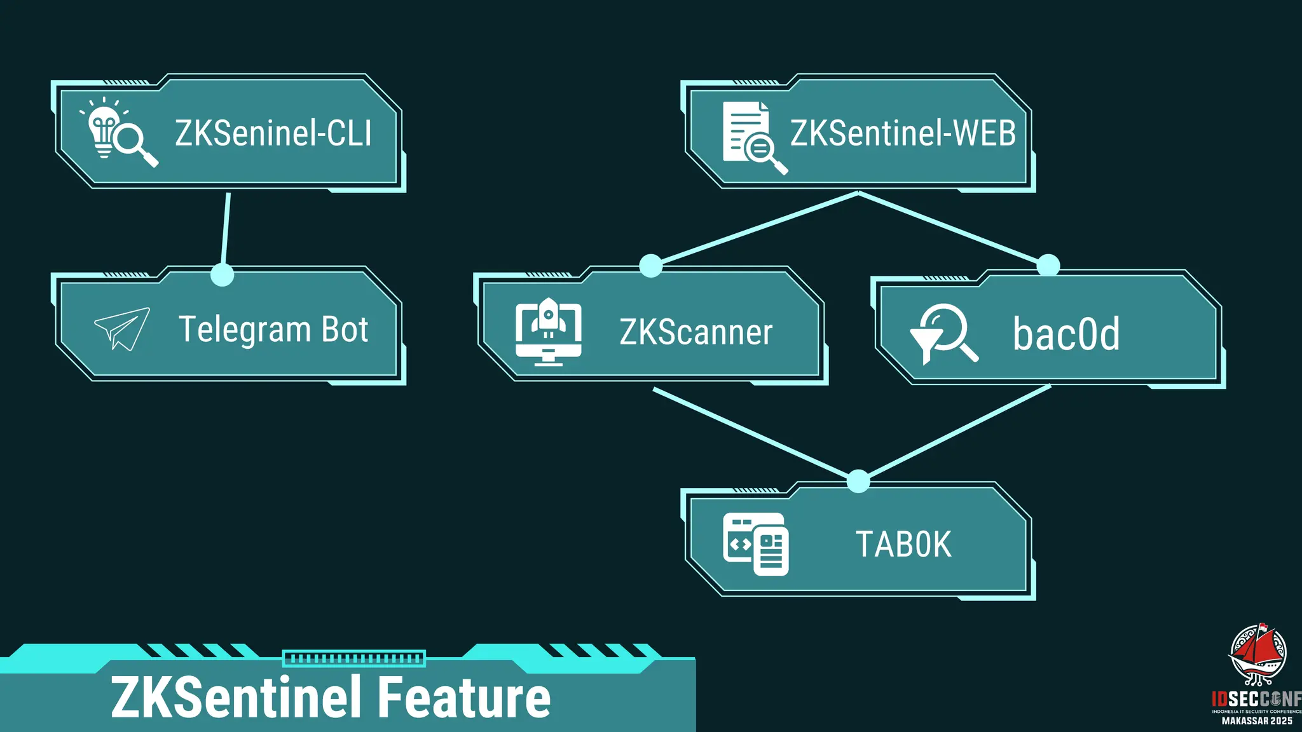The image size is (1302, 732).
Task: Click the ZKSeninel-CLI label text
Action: [273, 133]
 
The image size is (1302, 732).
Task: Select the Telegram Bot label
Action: [273, 329]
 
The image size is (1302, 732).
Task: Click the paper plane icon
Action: [122, 329]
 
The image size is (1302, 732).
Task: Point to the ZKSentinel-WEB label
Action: [903, 133]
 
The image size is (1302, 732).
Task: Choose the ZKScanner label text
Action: [696, 332]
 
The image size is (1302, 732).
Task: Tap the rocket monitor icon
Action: [548, 331]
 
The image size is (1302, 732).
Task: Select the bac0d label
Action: [1066, 334]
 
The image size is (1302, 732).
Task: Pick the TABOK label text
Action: [903, 545]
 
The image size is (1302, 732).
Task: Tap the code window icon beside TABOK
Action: [755, 545]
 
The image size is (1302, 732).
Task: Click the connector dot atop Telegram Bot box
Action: [222, 274]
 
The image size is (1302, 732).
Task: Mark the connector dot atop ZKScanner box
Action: [650, 266]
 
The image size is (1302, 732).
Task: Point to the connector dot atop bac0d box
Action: [1048, 265]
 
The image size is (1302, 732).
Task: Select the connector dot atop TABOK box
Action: [858, 481]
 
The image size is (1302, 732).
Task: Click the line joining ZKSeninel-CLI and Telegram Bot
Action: [226, 229]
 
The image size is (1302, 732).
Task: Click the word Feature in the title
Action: [465, 698]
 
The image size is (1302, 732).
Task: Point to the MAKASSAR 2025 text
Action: [1257, 721]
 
